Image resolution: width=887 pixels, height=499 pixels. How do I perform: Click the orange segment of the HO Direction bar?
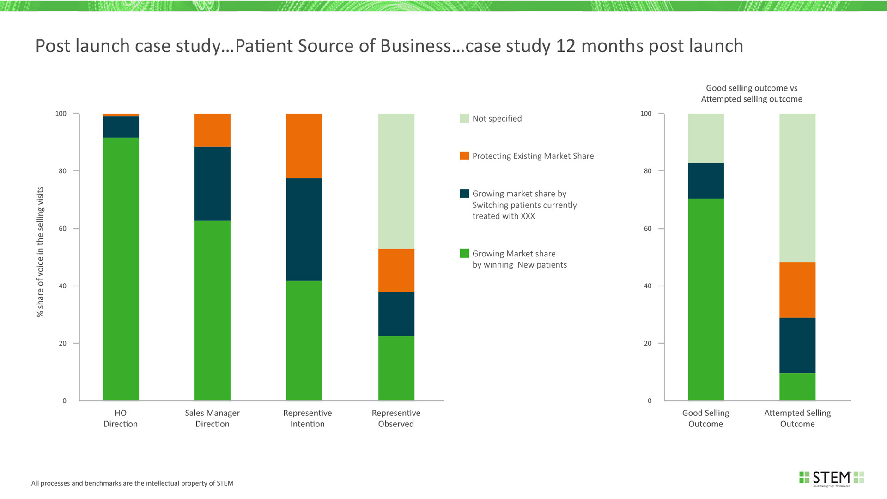click(x=121, y=115)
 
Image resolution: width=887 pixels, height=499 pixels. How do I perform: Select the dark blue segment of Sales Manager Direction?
click(x=213, y=183)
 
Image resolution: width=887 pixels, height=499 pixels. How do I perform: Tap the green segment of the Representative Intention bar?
click(x=304, y=340)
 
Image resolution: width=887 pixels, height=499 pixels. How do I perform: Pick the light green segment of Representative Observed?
click(x=396, y=181)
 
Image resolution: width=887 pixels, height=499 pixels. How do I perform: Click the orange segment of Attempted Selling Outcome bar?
click(x=797, y=290)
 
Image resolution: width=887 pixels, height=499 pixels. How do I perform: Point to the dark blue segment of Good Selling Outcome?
click(x=706, y=180)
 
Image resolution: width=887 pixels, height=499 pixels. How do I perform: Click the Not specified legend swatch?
click(x=464, y=118)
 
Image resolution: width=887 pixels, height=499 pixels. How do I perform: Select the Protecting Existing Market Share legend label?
click(x=533, y=156)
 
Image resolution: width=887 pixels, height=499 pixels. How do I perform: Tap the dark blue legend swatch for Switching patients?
click(x=464, y=194)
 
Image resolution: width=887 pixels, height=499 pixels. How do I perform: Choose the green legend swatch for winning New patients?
click(x=464, y=253)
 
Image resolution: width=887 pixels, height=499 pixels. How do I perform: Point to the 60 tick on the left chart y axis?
click(x=63, y=228)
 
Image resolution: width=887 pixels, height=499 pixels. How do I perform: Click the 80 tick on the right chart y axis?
click(x=648, y=171)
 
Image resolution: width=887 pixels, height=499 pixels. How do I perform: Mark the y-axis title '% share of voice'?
click(x=40, y=252)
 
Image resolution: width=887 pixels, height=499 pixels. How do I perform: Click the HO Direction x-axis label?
click(x=121, y=418)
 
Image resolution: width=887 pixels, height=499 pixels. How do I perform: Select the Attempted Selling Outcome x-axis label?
click(x=797, y=418)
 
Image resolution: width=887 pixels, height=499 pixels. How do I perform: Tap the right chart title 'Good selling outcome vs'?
click(x=752, y=88)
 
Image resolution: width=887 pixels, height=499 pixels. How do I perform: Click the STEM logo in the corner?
click(x=832, y=478)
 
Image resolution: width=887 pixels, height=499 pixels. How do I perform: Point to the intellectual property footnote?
click(x=133, y=483)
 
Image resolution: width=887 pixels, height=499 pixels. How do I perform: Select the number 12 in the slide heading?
click(x=565, y=46)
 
